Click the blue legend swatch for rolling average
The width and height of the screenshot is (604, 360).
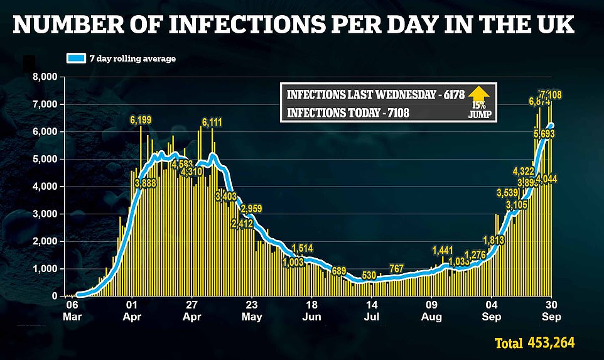tap(77, 58)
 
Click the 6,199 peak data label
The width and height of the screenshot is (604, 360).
tap(142, 120)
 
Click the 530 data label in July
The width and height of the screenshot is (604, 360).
tap(370, 275)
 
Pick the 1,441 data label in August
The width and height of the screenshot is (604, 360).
tap(442, 251)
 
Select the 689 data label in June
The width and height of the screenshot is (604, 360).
tap(340, 271)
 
